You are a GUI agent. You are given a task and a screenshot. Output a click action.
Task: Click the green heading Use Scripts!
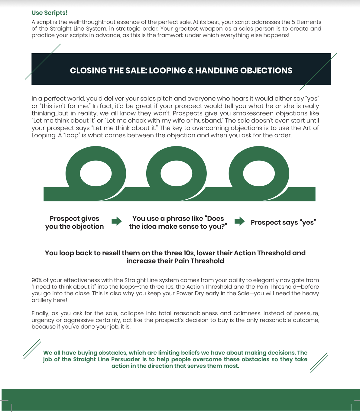[x=50, y=13]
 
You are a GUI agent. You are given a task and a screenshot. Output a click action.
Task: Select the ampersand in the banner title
[x=191, y=70]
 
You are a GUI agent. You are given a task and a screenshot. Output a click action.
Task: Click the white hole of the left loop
[x=96, y=173]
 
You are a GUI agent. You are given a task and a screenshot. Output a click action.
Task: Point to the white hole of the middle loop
[x=177, y=173]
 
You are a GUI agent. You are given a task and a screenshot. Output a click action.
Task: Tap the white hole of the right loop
[x=259, y=173]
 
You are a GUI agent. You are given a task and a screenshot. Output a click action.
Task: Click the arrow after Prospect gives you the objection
[x=116, y=221]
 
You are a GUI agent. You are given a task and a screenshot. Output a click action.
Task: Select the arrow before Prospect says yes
[x=239, y=221]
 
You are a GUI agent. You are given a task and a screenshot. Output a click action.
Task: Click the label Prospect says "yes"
[x=283, y=222]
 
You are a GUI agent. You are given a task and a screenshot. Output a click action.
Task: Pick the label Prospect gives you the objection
[x=74, y=222]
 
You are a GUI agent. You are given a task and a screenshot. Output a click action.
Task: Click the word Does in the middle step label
[x=216, y=218]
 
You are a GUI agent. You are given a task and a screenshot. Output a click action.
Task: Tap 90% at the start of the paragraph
[x=37, y=280]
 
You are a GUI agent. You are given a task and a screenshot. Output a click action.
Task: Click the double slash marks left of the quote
[x=32, y=349]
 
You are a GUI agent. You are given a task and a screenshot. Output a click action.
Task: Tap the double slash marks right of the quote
[x=319, y=362]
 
